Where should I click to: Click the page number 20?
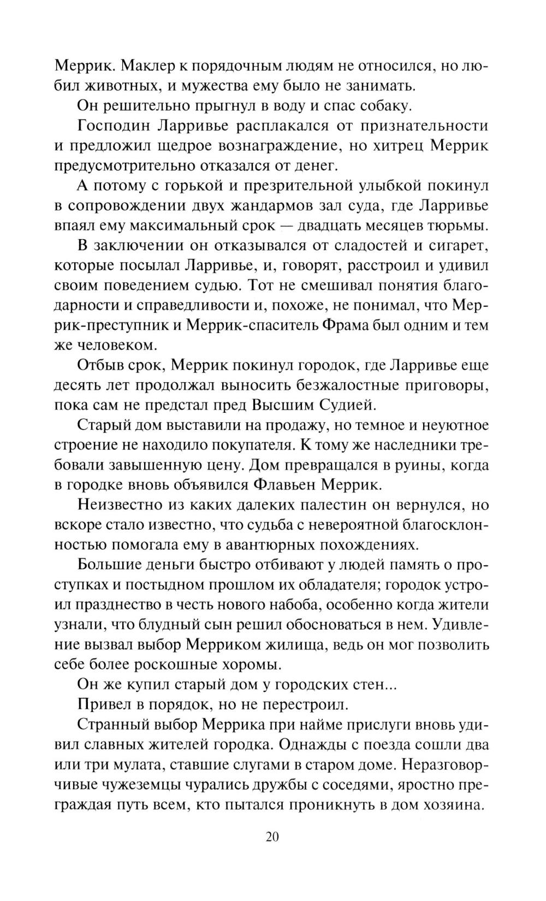(x=272, y=837)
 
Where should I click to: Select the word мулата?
(x=123, y=764)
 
